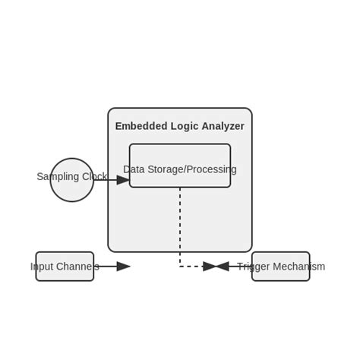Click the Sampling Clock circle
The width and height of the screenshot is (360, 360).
click(71, 190)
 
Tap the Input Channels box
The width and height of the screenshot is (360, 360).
click(65, 276)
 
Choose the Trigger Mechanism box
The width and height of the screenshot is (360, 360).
click(281, 276)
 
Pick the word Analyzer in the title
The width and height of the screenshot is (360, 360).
click(223, 126)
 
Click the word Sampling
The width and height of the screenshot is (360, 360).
click(58, 177)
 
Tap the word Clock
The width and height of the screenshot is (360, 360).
click(94, 177)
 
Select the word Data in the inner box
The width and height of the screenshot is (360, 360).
click(134, 169)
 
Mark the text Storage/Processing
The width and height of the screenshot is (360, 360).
click(191, 169)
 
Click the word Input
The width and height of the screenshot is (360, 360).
click(42, 267)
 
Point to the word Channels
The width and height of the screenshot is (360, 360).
click(77, 267)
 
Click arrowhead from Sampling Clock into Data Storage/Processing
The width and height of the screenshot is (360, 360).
click(124, 180)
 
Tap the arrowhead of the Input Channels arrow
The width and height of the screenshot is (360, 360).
click(124, 267)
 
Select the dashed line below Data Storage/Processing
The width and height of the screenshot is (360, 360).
click(180, 228)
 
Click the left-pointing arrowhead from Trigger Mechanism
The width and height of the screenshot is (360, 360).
click(222, 267)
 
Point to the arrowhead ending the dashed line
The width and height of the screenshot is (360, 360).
click(210, 267)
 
